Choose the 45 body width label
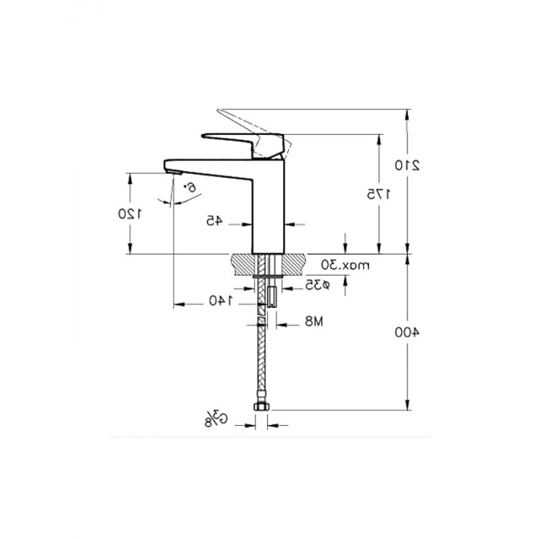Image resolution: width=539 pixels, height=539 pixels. click(x=215, y=221)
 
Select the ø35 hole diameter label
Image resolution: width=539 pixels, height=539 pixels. click(x=316, y=285)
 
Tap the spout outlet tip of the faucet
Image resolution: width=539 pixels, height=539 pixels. click(x=172, y=167)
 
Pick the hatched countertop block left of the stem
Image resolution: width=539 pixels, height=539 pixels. click(x=244, y=264)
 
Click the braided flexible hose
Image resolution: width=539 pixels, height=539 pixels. click(x=263, y=354)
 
